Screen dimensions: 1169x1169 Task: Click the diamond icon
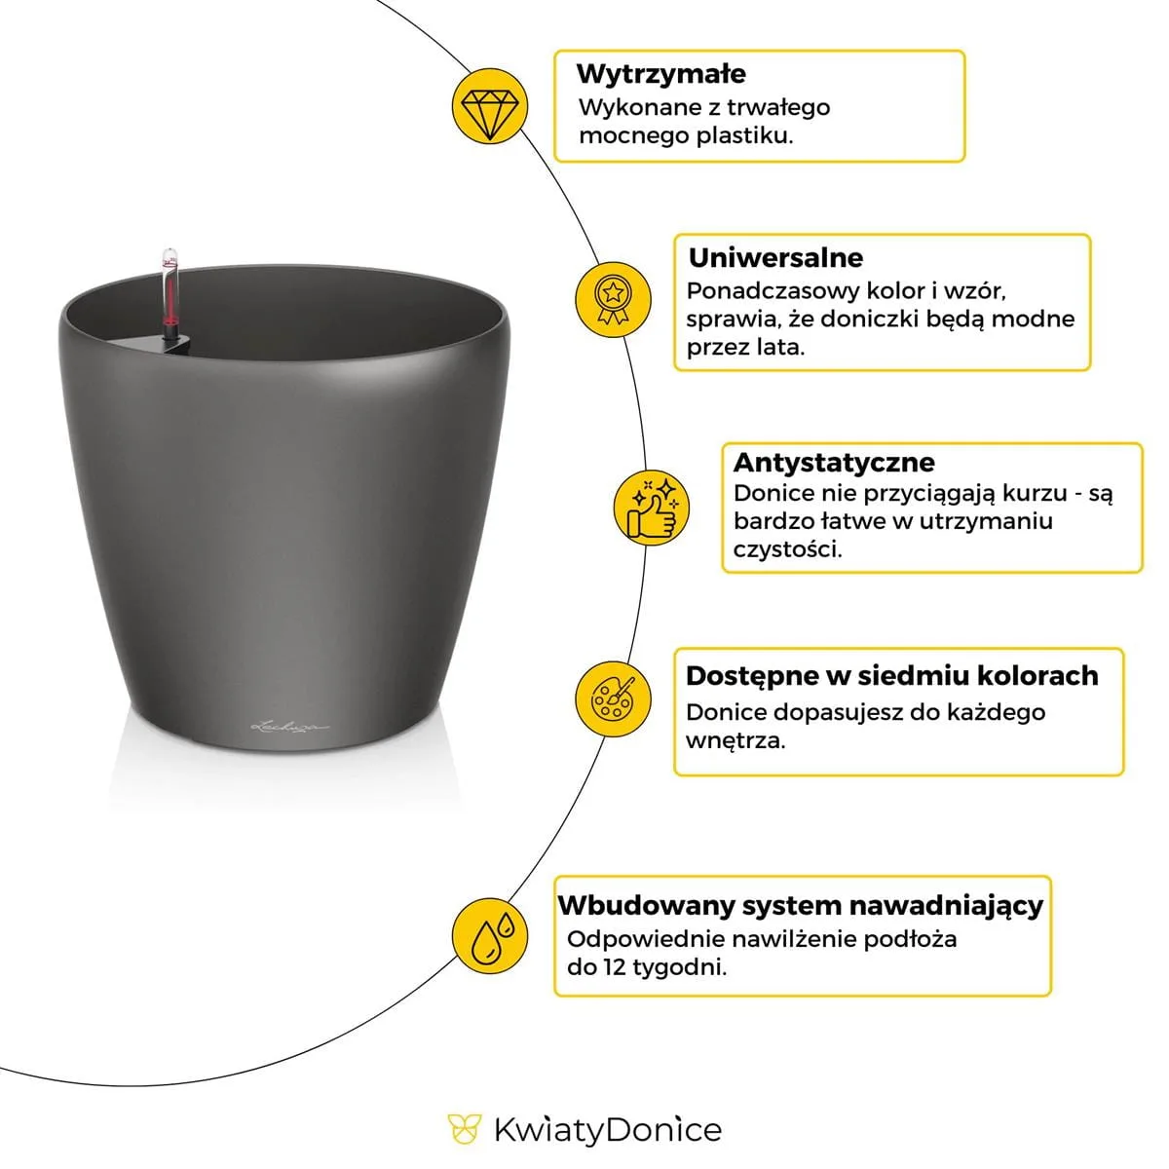click(490, 107)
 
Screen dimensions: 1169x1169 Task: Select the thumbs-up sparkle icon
click(652, 508)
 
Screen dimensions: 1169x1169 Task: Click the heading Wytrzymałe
click(660, 74)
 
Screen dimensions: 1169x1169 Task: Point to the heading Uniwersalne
click(775, 258)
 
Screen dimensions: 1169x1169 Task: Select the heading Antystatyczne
click(833, 462)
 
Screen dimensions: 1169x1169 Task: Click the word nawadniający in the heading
click(945, 905)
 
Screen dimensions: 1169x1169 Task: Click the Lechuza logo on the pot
click(291, 725)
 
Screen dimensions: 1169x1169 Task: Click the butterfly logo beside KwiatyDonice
click(464, 1130)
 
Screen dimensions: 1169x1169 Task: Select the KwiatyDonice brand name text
click(608, 1130)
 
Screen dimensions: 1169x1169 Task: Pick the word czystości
click(787, 549)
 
